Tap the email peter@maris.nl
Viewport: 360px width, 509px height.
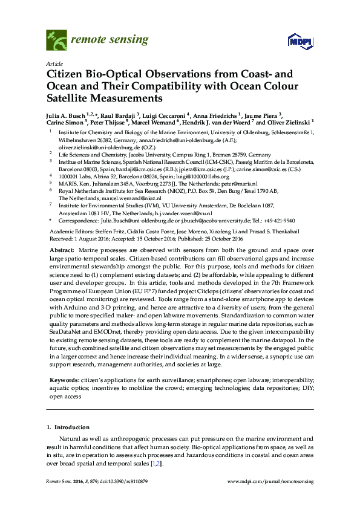240,184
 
